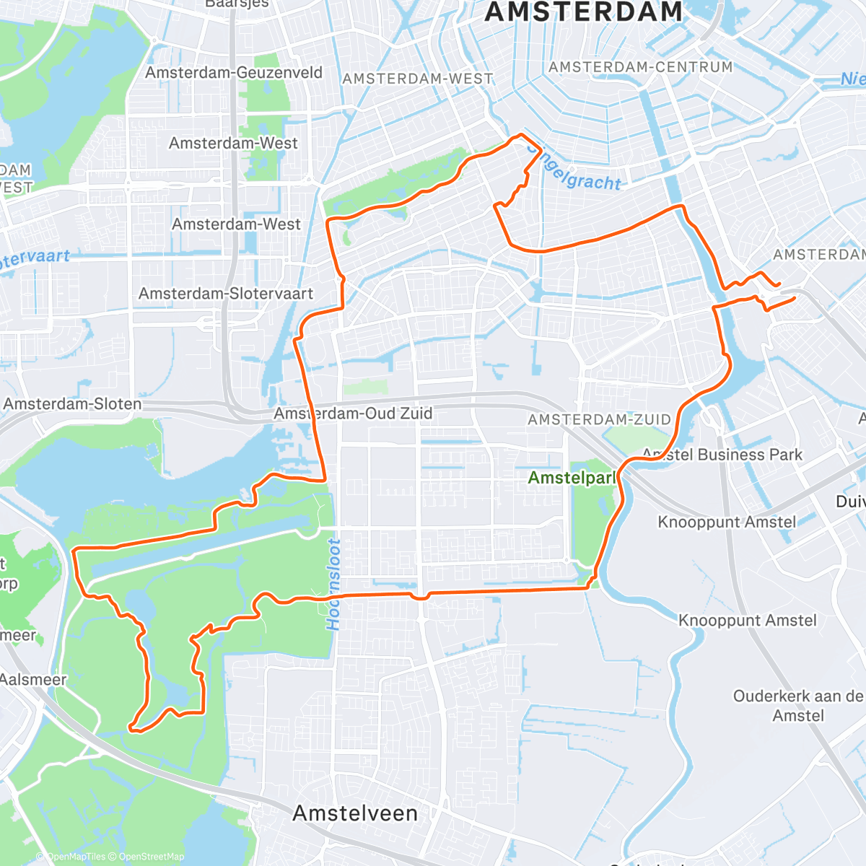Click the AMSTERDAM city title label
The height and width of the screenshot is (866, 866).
tap(583, 12)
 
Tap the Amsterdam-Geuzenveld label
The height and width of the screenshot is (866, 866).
tap(234, 73)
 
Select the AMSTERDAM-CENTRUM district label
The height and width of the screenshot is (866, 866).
tap(640, 67)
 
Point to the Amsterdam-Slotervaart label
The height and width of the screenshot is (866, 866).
tap(226, 294)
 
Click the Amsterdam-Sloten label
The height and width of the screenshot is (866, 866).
tap(73, 404)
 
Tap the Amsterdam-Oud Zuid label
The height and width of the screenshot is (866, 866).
tap(353, 414)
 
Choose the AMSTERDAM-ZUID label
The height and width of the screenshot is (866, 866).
tap(599, 420)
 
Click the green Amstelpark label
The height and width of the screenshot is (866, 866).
tap(572, 478)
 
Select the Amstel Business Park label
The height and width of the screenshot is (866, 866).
tap(722, 455)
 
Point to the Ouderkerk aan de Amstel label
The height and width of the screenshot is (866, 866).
tap(797, 706)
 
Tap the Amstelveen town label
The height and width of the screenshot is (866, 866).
tap(355, 813)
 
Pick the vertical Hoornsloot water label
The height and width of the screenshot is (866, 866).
tap(333, 585)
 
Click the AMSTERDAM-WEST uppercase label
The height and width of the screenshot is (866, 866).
tap(417, 79)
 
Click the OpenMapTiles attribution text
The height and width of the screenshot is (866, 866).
tap(75, 857)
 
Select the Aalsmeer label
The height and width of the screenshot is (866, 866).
tap(32, 680)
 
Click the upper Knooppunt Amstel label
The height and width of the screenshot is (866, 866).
tap(727, 522)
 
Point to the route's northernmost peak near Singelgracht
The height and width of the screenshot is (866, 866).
tap(520, 135)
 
